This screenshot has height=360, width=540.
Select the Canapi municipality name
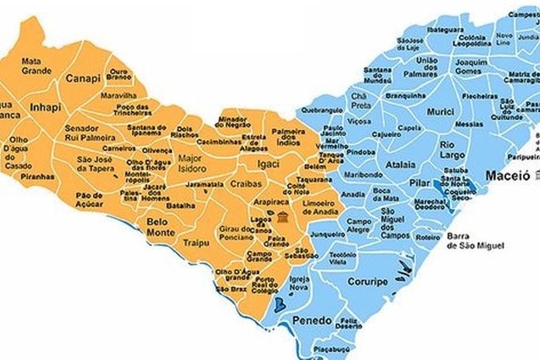(x=83, y=78)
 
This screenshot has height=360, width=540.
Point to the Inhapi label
(x=45, y=107)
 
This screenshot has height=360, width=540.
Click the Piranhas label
(x=39, y=176)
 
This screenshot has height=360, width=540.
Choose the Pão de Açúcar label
(x=90, y=200)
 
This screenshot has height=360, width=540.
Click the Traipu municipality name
(x=196, y=243)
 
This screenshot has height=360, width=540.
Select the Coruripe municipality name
(x=366, y=282)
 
